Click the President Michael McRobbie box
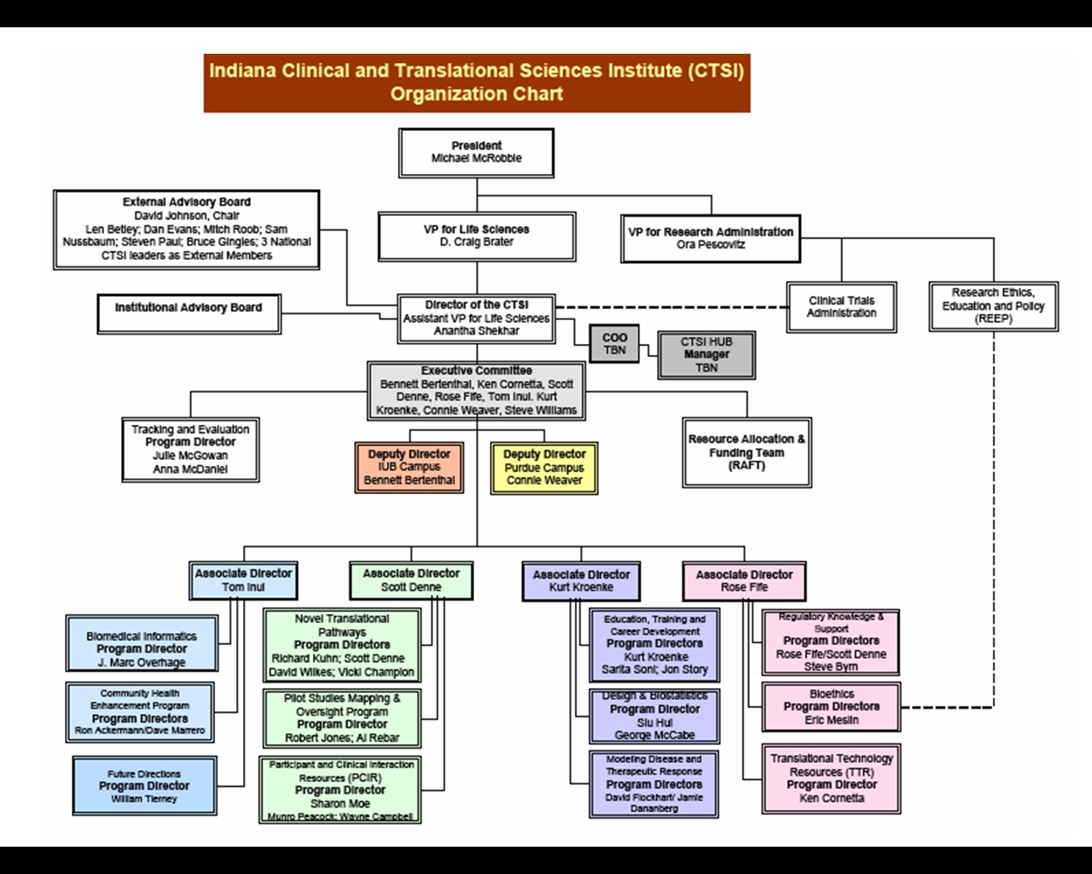coord(476,153)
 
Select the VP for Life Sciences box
coord(476,236)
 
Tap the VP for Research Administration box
coord(711,238)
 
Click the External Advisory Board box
coord(186,230)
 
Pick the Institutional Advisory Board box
coord(188,313)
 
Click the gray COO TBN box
coord(614,343)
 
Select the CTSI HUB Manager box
coord(706,354)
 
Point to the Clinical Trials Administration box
coord(841,306)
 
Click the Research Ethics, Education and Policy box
coord(993,306)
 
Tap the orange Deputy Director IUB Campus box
coord(409,467)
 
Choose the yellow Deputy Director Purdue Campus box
coord(543,467)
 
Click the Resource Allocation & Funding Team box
coord(746,452)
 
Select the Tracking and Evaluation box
coord(190,449)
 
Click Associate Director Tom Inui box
coord(243,580)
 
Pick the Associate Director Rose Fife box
coord(744,580)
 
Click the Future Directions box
coord(144,785)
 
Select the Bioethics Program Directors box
coord(831,707)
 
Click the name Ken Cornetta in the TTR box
coord(831,799)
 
